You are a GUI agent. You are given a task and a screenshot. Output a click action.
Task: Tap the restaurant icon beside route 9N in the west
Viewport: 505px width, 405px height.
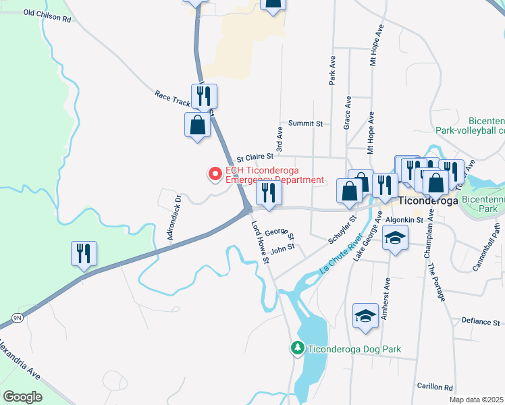(x=84, y=254)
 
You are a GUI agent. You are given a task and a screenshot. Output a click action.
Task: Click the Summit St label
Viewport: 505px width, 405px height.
(x=306, y=124)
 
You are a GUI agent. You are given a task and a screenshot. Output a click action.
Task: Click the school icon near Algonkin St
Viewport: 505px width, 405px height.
(x=395, y=237)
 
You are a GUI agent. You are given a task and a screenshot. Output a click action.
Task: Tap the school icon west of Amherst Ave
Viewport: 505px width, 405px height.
(x=365, y=316)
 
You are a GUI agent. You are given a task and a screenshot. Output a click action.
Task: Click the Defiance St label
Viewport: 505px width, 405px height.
(x=480, y=321)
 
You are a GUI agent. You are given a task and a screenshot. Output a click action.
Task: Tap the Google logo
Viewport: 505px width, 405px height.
(x=22, y=396)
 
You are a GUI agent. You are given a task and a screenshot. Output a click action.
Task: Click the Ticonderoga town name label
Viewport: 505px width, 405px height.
(x=429, y=200)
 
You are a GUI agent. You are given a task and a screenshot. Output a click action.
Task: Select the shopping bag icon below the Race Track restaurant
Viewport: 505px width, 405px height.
(x=197, y=126)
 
